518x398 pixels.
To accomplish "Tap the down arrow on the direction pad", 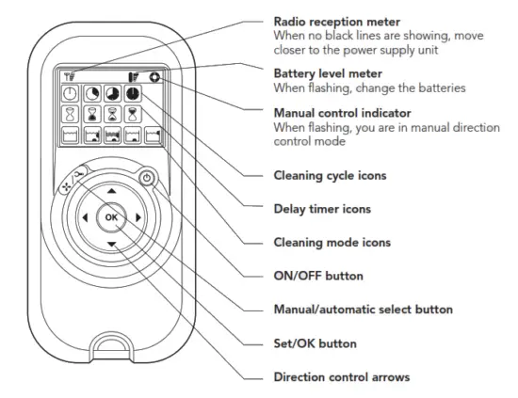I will (x=112, y=245).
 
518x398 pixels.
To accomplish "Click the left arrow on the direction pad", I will (x=85, y=218).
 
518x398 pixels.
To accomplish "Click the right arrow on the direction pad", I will (x=139, y=218).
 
